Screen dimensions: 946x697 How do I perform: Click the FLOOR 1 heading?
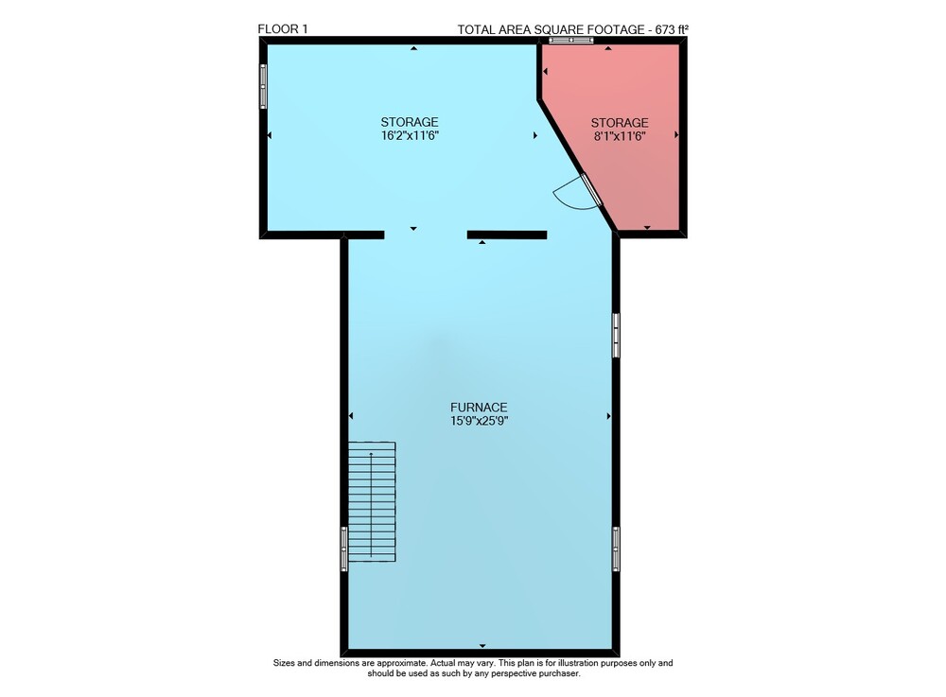point(282,29)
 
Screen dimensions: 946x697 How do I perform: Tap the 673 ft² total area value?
point(672,29)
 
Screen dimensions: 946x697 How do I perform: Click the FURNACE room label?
point(479,408)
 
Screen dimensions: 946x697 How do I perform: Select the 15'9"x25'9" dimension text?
point(479,421)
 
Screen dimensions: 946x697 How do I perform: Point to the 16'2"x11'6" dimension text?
point(409,135)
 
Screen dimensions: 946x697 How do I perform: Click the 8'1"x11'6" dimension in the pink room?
point(620,135)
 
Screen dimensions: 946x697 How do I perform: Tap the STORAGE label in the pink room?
point(620,122)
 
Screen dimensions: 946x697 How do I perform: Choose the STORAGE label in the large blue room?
point(409,122)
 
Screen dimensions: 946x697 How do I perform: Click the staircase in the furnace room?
point(372,501)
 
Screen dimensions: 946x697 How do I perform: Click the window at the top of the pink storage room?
point(570,41)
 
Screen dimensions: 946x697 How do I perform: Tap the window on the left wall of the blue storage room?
point(263,86)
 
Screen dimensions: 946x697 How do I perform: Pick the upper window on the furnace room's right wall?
point(616,335)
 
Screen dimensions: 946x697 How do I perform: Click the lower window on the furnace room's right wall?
point(616,549)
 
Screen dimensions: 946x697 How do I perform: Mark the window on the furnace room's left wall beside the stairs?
point(344,549)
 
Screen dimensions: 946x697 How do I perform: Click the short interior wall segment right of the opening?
point(507,235)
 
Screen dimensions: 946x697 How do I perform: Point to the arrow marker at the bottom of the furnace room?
point(482,646)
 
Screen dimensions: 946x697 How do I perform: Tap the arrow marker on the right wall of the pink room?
point(676,135)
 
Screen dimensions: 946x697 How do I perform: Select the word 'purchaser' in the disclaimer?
point(560,673)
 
